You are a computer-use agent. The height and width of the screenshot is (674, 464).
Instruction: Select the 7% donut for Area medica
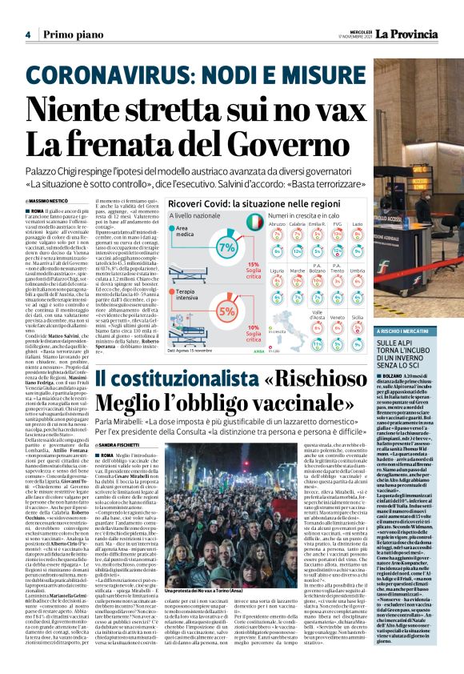[x=226, y=243]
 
